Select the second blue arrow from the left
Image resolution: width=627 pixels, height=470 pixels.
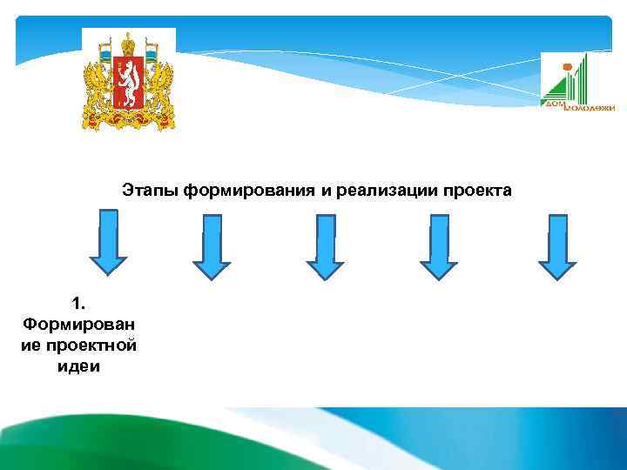(211, 247)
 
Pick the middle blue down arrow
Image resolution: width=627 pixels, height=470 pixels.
(324, 247)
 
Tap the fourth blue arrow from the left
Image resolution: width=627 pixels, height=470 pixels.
(439, 247)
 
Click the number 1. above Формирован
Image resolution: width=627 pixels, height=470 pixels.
(79, 304)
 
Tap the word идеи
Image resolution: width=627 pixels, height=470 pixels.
(79, 366)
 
